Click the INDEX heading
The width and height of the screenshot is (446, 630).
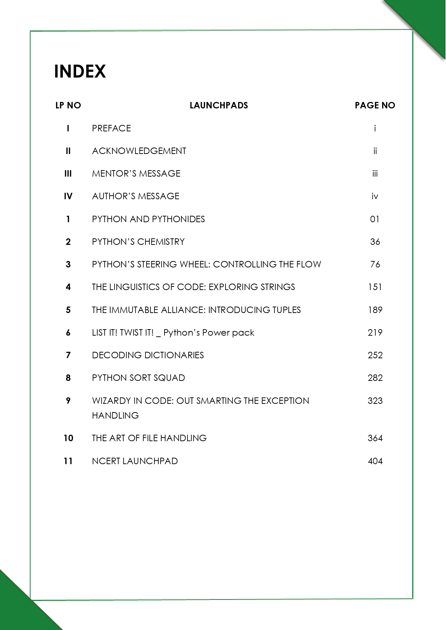coord(80,71)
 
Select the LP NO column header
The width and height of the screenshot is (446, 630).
coord(68,105)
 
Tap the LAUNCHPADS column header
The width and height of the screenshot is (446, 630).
coord(219,105)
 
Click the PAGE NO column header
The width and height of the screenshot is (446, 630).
coord(375,105)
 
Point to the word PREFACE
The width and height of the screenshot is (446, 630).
coord(111,128)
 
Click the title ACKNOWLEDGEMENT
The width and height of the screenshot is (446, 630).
coord(139,151)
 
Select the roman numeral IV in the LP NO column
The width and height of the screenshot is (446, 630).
coord(68,196)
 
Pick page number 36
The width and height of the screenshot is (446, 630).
coord(375,242)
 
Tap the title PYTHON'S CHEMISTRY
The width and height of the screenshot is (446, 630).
coord(138,242)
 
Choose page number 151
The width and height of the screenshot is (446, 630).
coord(375,287)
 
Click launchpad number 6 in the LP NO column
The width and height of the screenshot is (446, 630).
coord(68,332)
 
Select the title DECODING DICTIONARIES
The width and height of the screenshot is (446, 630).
coord(148,355)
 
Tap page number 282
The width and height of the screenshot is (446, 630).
coord(375,378)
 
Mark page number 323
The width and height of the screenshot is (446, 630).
coord(375,401)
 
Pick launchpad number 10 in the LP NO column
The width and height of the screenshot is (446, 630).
coord(68,438)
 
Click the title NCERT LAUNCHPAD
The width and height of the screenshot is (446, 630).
coord(135,461)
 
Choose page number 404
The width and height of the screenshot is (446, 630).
coord(375,461)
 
